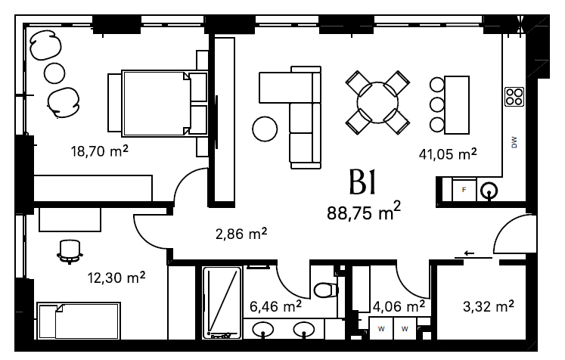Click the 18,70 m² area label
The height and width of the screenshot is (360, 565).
(99, 151)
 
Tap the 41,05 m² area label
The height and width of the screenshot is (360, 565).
(448, 154)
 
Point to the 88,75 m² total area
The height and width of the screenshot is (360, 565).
(364, 212)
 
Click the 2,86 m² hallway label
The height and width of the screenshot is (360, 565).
(241, 234)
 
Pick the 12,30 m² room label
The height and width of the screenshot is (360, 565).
(116, 278)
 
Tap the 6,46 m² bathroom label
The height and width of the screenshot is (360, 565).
(275, 306)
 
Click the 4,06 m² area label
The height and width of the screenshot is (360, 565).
(399, 306)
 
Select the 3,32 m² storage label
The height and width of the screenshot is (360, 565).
(489, 306)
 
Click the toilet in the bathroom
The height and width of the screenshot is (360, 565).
(325, 290)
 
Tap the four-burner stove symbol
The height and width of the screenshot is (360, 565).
(514, 97)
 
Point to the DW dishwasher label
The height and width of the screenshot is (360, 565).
(514, 142)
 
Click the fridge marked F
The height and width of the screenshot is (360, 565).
(464, 190)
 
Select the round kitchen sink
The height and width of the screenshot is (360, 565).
(489, 190)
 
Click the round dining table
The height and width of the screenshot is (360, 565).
(377, 103)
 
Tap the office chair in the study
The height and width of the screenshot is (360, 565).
(70, 252)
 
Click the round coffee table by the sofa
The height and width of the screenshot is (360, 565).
(265, 129)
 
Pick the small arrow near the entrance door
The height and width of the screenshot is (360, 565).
(469, 253)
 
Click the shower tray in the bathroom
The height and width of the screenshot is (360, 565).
(222, 303)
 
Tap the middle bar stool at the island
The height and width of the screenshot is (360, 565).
(437, 104)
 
